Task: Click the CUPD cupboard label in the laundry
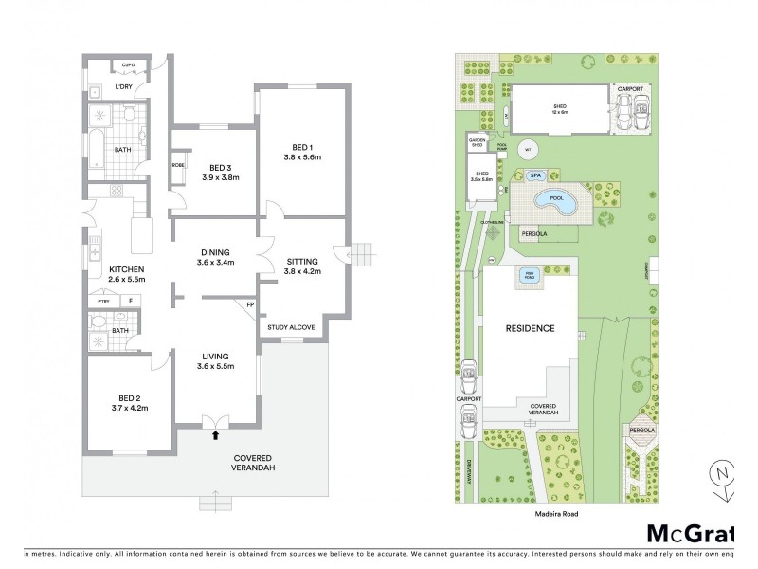(129, 65)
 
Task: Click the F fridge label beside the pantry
(130, 301)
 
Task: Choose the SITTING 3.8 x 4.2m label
(302, 266)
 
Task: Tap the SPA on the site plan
(535, 175)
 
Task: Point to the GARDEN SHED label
(477, 144)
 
